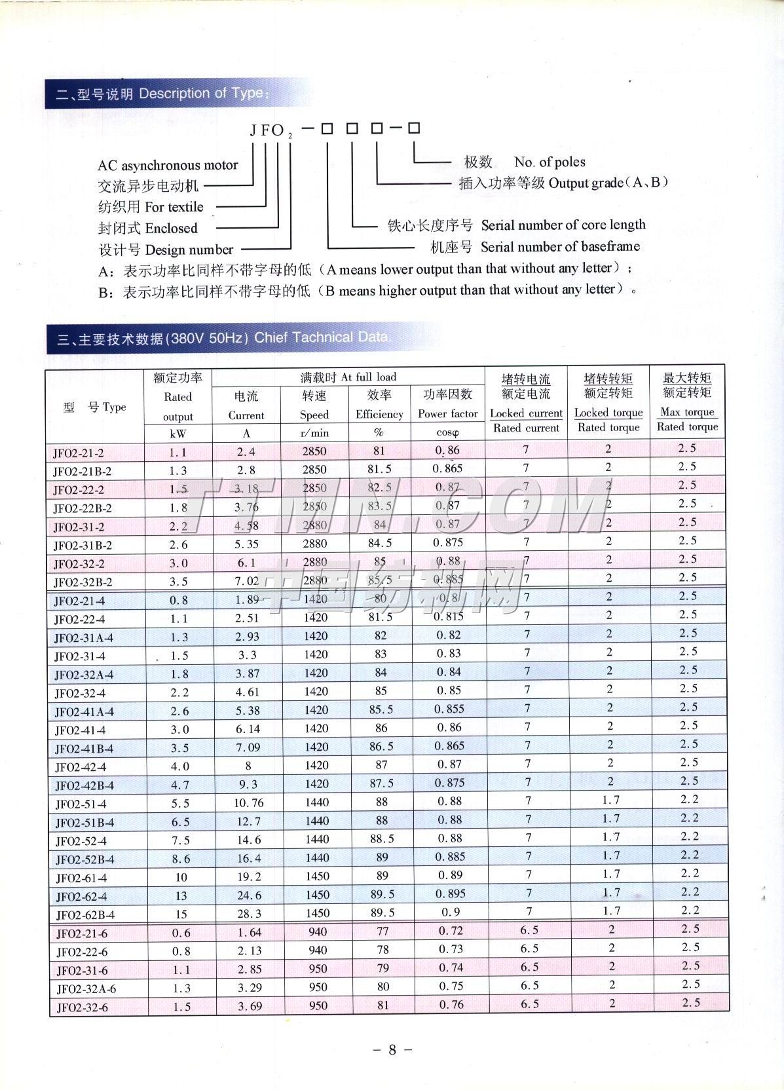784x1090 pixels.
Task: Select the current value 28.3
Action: point(249,913)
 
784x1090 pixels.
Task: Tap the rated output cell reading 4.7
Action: point(179,784)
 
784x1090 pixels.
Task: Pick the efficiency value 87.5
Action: point(382,783)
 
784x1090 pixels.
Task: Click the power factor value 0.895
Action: point(449,894)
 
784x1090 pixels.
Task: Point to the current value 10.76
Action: point(248,802)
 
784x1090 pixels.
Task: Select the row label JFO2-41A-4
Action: point(84,712)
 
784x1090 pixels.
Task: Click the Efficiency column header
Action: point(379,414)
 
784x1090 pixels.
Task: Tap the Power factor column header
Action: point(448,414)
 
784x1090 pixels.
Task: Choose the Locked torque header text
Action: point(608,413)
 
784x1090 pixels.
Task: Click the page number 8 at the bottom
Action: point(392,1049)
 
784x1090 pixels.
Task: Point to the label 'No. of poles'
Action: point(550,162)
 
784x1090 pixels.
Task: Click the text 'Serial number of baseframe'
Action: point(560,247)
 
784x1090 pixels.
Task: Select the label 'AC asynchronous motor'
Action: point(168,166)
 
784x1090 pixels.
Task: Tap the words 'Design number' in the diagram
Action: point(189,250)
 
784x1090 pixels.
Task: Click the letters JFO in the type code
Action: point(267,130)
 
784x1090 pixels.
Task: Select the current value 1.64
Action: point(249,931)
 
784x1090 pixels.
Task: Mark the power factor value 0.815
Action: point(449,616)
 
